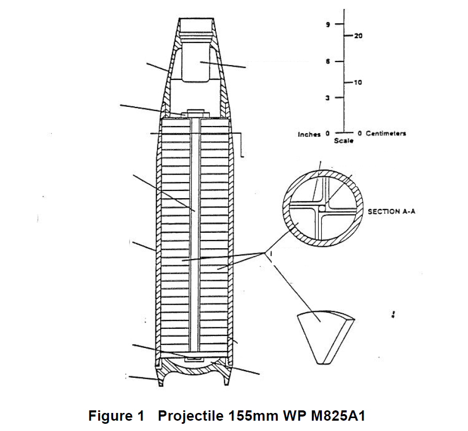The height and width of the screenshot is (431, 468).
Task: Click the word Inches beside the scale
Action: point(309,134)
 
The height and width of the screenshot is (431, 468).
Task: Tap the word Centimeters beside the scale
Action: point(386,134)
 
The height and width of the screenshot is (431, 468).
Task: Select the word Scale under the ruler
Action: point(344,141)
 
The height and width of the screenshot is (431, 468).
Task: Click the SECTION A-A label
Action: point(392,212)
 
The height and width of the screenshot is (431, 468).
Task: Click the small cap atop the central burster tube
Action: point(195,112)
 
